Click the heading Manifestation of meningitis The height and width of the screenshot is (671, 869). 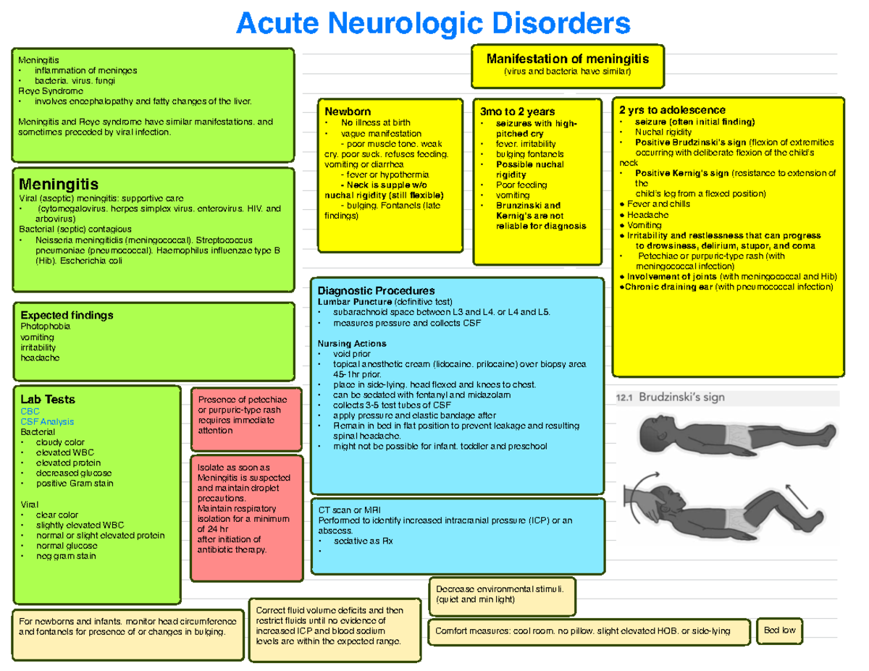(x=567, y=59)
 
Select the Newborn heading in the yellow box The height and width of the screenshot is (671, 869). (x=348, y=112)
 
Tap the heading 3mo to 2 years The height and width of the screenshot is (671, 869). (x=517, y=111)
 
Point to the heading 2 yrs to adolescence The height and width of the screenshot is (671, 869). (x=672, y=110)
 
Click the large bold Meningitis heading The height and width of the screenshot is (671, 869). (x=59, y=184)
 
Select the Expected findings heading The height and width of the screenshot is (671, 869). (x=67, y=316)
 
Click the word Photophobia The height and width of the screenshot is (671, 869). (x=46, y=326)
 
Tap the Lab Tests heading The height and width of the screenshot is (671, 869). (x=48, y=400)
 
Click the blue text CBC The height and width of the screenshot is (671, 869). (x=30, y=410)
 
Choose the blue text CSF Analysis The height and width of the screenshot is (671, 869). (x=47, y=421)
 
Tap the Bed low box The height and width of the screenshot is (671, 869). (x=779, y=630)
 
